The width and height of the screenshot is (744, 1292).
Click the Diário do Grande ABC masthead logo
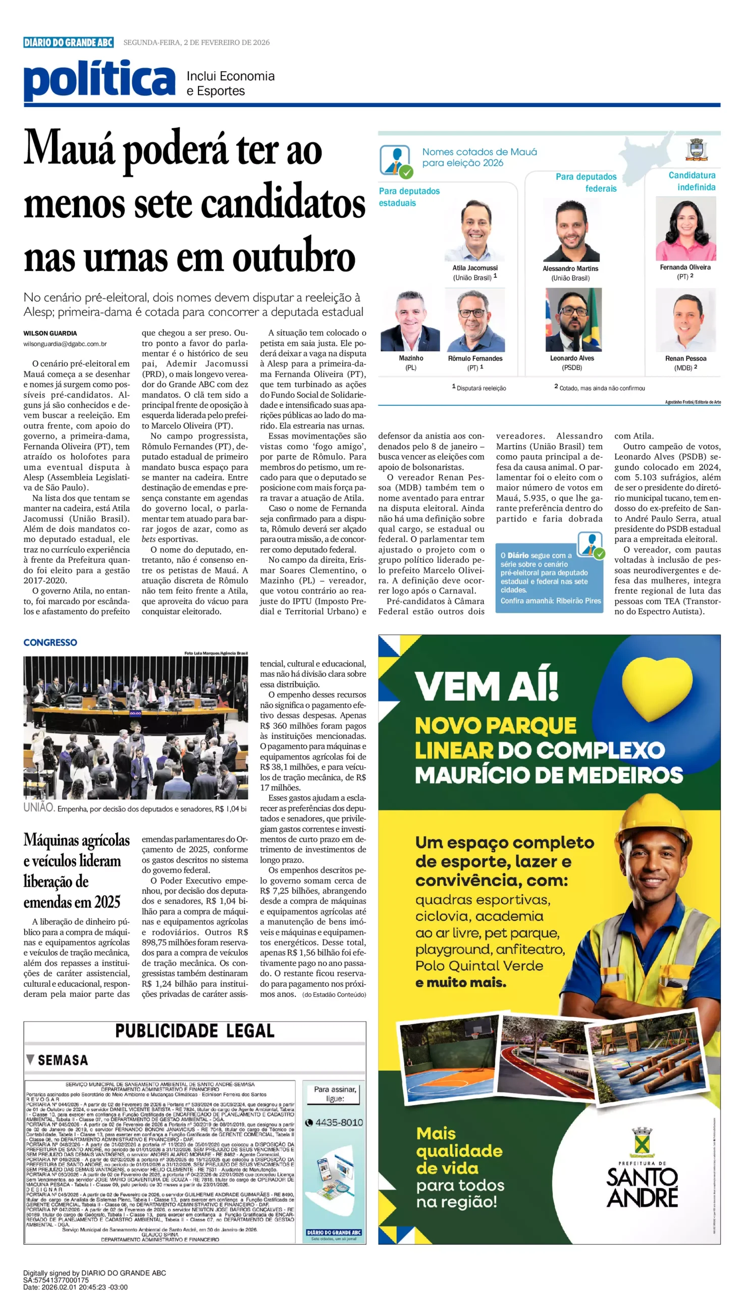[68, 42]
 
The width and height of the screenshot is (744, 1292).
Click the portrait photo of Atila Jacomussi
[474, 231]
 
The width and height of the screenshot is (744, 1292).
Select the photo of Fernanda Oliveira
[685, 230]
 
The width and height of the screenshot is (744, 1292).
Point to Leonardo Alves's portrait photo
[573, 319]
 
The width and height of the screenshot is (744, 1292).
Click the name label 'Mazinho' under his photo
[411, 358]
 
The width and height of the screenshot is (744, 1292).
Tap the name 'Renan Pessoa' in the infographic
[685, 358]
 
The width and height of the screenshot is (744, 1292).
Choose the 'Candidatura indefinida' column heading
[692, 181]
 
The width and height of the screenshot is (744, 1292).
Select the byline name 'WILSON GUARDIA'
[50, 333]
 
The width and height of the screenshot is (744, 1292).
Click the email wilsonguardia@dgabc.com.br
[65, 344]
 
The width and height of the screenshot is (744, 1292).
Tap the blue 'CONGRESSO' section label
[50, 642]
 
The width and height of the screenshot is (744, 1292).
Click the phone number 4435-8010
[338, 1122]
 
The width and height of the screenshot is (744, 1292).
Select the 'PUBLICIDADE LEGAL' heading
[195, 1031]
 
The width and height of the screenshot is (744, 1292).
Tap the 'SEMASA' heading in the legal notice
[63, 1060]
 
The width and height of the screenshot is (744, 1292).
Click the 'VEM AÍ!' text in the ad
[486, 685]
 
